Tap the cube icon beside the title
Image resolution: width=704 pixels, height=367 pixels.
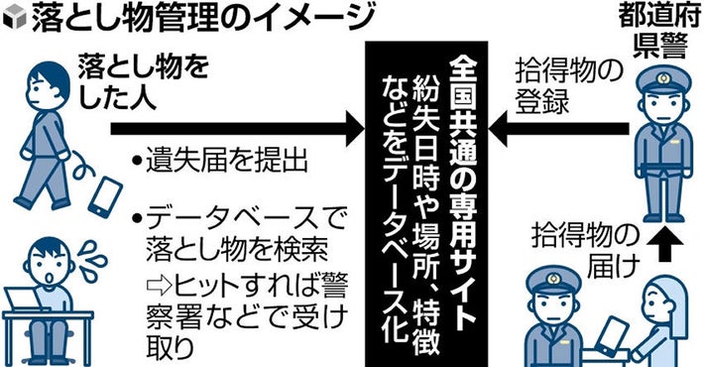pyautogui.click(x=13, y=18)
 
